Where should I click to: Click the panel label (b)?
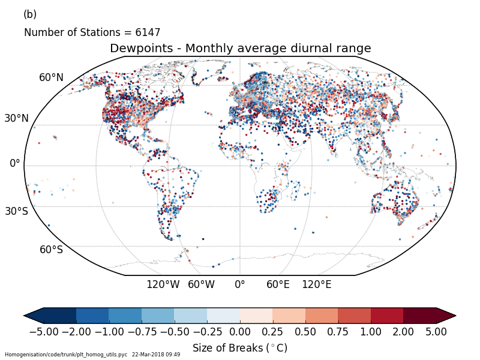30,14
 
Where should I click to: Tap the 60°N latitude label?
51,77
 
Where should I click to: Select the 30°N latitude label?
16,118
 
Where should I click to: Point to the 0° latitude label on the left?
14,163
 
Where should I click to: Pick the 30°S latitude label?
16,211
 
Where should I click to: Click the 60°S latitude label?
51,250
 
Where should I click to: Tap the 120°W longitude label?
163,284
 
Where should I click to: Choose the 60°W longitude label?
201,284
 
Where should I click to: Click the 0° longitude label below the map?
240,284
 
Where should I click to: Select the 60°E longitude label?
278,284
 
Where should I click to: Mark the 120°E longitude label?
316,284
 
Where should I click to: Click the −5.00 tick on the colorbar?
44,331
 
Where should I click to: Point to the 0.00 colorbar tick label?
240,331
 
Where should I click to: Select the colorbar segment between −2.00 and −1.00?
92,316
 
